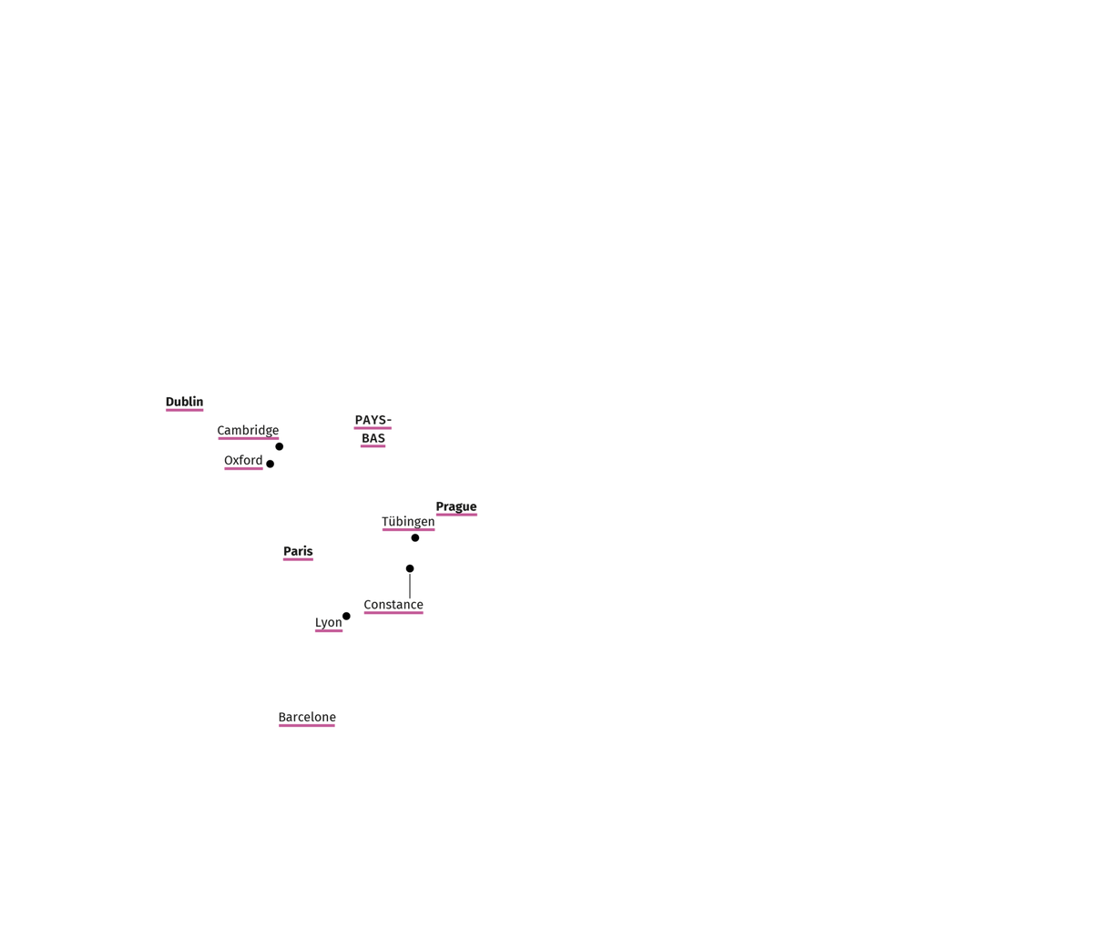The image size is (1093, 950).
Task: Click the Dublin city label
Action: pos(184,402)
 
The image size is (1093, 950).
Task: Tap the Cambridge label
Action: pos(248,431)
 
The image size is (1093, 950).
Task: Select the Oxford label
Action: pos(243,460)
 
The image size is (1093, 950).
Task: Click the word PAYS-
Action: pos(373,420)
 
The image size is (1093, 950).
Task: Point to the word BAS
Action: pos(373,438)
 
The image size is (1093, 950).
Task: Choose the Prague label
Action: pos(456,506)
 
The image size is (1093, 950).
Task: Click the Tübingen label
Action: pos(408,522)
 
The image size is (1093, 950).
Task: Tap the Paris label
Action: pos(298,551)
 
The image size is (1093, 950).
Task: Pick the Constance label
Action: pos(393,605)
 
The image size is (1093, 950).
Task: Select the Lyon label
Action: pos(329,623)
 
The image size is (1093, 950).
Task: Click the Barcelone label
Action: pos(307,717)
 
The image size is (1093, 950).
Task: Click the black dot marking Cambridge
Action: pos(280,446)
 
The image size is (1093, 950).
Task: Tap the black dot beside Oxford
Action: pos(271,464)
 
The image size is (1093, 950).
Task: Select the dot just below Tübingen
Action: pos(415,537)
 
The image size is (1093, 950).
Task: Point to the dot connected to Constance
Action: pos(410,568)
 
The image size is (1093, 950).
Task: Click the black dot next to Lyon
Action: pos(346,617)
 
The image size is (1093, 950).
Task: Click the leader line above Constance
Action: pos(410,586)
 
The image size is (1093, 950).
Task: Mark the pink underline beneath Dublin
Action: pos(184,410)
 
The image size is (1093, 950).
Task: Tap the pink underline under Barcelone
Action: pos(307,726)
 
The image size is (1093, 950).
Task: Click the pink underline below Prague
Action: pos(456,515)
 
